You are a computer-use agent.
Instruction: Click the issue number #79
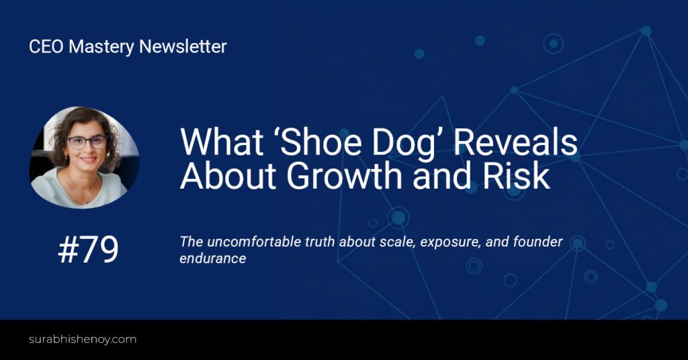[88, 249]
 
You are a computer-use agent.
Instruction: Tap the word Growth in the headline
[345, 175]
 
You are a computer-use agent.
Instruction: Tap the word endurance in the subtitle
[213, 259]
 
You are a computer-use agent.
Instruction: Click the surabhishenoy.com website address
[83, 339]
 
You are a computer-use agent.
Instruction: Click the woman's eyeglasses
[87, 142]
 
